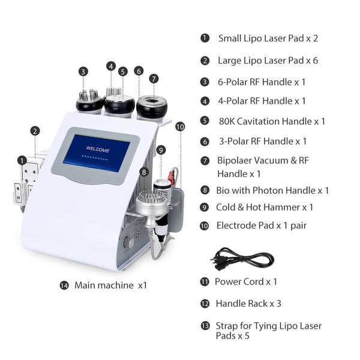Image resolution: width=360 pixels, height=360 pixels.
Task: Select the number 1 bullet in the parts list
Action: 205,38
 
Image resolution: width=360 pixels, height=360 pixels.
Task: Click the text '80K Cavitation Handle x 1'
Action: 272,121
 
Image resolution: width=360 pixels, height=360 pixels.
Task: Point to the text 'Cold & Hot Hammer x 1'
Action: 265,207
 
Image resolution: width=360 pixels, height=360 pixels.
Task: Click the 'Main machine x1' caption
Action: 110,285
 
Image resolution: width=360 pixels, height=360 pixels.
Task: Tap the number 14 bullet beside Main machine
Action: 64,285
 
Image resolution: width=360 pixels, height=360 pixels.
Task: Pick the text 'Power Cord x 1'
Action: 246,281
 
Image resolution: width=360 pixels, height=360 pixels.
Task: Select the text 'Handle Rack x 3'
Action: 248,304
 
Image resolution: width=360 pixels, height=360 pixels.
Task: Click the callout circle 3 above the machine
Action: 83,71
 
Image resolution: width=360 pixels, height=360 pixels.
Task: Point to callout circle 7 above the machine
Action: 154,79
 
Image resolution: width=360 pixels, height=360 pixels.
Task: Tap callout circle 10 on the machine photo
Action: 180,127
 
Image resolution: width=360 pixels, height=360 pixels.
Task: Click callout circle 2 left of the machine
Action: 35,130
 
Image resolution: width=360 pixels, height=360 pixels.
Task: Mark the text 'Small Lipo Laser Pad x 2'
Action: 268,38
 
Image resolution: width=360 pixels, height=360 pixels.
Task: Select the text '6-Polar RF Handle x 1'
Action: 262,82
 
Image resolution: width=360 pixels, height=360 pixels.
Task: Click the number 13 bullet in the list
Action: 205,326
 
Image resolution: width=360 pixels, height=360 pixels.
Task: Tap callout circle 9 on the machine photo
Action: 160,149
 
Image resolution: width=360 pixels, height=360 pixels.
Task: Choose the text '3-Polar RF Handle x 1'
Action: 262,142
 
